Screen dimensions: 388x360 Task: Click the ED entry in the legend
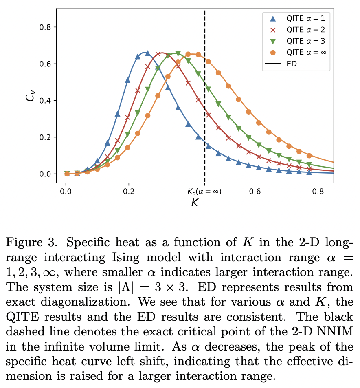[292, 64]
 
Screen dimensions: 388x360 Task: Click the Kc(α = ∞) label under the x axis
[204, 191]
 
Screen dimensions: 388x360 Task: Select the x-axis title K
[195, 203]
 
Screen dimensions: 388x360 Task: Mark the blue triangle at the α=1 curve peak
[147, 53]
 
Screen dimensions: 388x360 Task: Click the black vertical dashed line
[204, 122]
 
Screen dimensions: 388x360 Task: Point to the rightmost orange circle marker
[309, 156]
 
